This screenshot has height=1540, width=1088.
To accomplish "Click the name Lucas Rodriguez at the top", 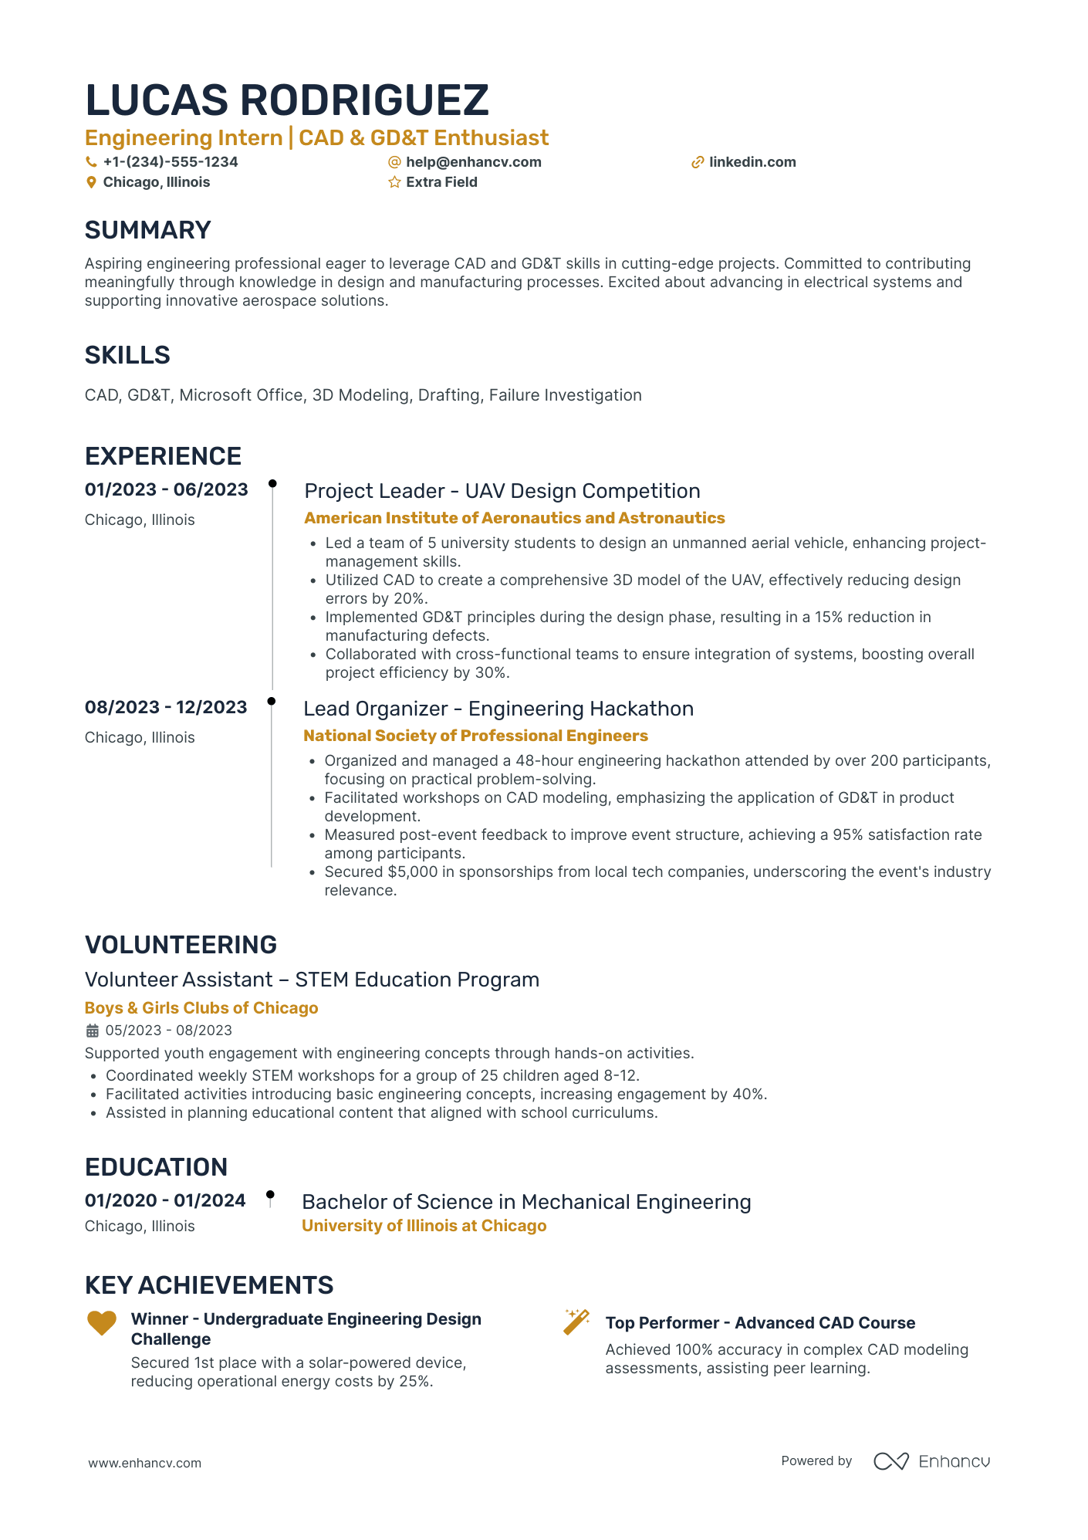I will point(286,100).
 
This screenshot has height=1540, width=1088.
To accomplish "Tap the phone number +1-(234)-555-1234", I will point(170,162).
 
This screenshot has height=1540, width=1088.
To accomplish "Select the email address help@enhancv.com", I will point(473,162).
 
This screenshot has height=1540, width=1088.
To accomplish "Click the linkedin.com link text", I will point(752,162).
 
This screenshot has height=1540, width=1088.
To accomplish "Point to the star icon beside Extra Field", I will point(394,182).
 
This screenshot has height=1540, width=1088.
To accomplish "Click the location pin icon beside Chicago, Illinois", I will point(91,182).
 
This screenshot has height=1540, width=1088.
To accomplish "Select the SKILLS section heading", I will point(127,355).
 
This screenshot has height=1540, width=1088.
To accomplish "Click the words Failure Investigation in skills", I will point(565,395).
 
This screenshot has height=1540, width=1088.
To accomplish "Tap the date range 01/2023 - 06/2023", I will point(167,489).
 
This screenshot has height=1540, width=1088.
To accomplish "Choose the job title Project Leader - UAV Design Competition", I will point(502,491).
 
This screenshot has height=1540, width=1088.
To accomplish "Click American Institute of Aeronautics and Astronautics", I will point(515,518).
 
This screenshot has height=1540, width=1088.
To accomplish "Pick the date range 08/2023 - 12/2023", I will point(166,707).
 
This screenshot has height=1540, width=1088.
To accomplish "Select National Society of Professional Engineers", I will point(475,736).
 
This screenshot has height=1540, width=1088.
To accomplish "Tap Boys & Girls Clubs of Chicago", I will point(201,1008).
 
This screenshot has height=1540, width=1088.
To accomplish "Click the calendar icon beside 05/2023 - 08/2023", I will point(92,1031).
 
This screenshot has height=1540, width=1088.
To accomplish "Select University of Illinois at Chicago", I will point(424,1226).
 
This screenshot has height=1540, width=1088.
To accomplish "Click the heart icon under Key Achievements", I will point(101,1323).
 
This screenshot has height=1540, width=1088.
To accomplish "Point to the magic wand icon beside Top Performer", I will point(576,1322).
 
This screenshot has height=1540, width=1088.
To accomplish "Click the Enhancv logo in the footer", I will point(931,1461).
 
